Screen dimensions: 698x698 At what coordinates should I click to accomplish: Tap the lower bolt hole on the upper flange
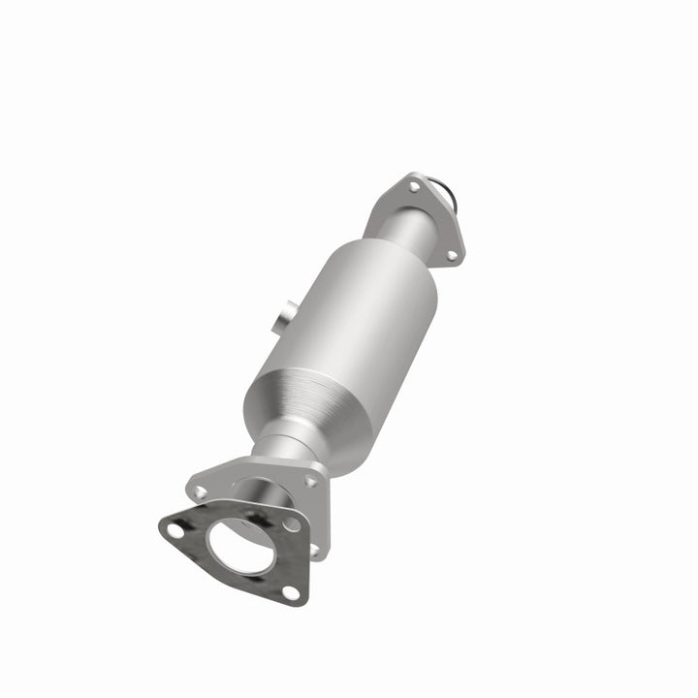tap(451, 255)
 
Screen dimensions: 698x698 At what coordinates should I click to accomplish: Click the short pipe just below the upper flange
tap(400, 231)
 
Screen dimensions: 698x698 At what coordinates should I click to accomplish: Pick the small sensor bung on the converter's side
tap(282, 319)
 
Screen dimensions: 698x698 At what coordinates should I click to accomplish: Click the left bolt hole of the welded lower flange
tap(201, 492)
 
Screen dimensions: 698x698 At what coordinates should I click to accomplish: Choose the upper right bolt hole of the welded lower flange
tap(310, 481)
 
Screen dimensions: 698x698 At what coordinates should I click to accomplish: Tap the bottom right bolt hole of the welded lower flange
tap(313, 549)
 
